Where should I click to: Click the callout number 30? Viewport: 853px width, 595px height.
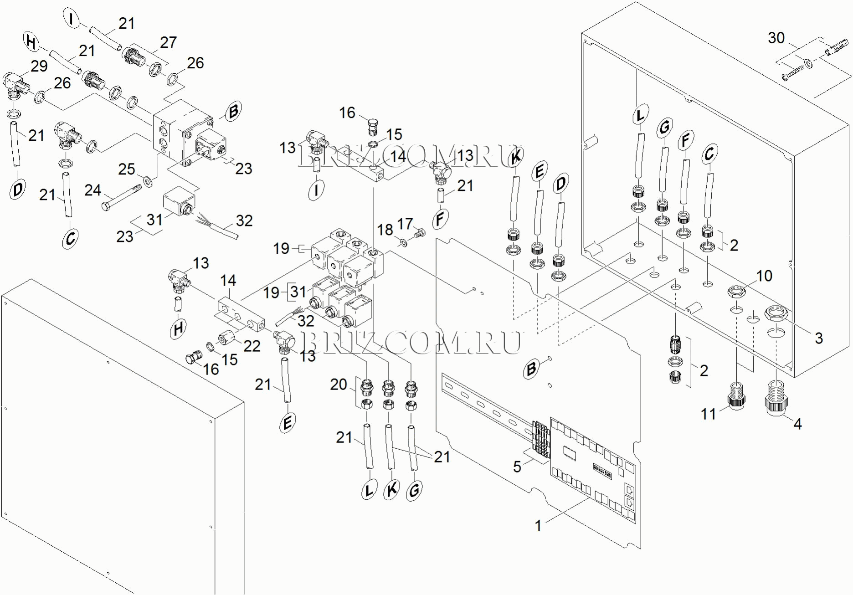[x=776, y=38]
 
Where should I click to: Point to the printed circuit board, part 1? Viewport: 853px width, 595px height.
[x=593, y=469]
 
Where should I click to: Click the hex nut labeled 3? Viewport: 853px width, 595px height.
[x=777, y=313]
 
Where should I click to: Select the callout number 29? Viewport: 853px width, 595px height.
[x=39, y=66]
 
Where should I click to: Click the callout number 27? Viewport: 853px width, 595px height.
[x=168, y=42]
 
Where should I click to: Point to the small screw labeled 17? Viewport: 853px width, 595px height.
[x=419, y=235]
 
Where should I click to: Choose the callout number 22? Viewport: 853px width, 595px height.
[x=252, y=346]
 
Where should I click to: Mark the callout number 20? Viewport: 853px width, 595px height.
[x=339, y=385]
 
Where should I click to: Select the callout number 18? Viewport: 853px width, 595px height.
[x=385, y=230]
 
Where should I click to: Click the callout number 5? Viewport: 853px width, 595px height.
[x=517, y=467]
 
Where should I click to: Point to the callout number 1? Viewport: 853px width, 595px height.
[x=538, y=526]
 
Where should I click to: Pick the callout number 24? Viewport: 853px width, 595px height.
[x=92, y=190]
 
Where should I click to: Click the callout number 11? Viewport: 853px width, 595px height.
[x=708, y=414]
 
